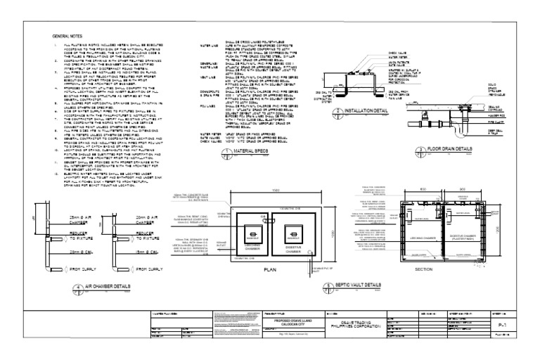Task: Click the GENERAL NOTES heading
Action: (67, 34)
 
